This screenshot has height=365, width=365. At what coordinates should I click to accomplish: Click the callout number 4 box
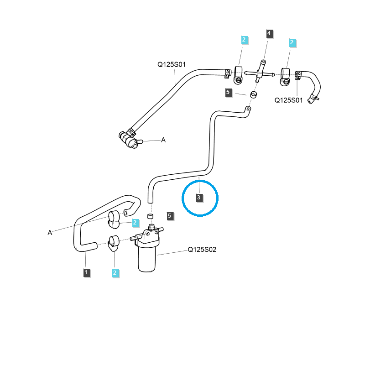point(269,33)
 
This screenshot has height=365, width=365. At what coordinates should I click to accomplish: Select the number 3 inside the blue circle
point(199,197)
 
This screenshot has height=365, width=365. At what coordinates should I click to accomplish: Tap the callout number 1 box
point(86,272)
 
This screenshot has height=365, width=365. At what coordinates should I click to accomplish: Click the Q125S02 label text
point(202,250)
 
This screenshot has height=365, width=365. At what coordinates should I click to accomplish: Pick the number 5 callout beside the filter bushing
point(170,215)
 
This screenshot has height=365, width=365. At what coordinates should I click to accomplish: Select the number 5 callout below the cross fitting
point(229,93)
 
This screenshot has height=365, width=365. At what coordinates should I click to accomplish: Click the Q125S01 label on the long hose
point(172,65)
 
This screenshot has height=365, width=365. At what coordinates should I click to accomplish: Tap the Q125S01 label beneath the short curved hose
point(288,100)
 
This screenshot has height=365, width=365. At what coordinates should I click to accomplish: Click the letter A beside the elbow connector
point(163,140)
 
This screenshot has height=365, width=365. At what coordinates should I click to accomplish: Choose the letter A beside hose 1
point(50,233)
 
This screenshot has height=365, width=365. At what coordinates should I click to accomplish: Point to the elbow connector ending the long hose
point(130,141)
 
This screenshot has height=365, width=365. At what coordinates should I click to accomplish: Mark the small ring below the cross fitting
point(253,95)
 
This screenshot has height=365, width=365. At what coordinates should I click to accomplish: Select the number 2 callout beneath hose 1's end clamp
point(115,272)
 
